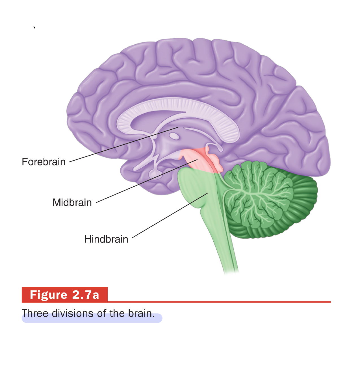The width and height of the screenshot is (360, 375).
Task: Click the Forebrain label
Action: click(44, 162)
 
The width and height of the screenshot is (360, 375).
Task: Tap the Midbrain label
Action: click(72, 202)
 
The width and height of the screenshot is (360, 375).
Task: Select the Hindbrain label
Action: click(106, 239)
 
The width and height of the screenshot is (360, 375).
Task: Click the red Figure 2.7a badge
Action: click(65, 295)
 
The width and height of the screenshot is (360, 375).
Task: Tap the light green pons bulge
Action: click(192, 186)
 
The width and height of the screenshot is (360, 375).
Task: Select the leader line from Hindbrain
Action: click(170, 216)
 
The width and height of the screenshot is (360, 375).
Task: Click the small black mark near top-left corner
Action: click(34, 27)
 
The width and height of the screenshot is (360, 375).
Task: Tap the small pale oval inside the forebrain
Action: click(174, 136)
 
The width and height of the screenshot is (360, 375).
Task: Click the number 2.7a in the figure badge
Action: click(86, 295)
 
